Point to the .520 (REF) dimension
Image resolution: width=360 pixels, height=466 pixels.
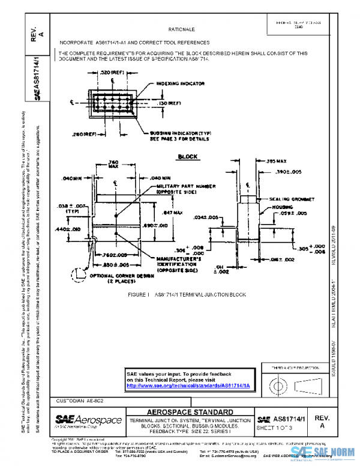coord(112,73)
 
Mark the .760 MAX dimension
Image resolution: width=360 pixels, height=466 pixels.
coord(113,165)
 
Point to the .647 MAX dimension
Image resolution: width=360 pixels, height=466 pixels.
coord(173,213)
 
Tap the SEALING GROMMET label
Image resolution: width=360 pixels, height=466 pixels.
coord(289,198)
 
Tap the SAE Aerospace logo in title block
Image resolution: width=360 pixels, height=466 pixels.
coord(88,420)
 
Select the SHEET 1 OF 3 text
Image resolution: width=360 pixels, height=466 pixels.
coord(275,428)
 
